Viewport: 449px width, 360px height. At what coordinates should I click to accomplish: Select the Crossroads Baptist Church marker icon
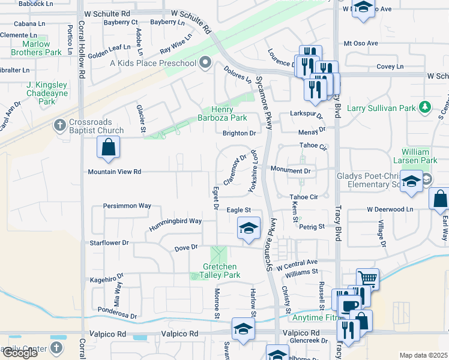pos(59,125)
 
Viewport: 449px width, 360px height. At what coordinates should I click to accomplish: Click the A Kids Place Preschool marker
pos(205,63)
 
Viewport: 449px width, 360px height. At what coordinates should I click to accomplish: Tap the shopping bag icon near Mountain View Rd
pos(108,148)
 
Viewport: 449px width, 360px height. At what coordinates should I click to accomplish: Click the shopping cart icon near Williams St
pos(367,278)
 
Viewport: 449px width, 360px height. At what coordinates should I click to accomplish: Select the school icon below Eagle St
pos(247,229)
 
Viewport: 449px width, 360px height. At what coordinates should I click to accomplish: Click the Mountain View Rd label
pos(114,172)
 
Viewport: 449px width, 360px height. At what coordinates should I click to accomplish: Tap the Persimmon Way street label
pos(127,206)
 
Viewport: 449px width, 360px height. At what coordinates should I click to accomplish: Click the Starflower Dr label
pos(109,243)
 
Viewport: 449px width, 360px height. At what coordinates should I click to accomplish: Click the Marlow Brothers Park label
pos(36,48)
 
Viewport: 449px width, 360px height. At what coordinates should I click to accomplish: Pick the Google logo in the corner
pos(20,353)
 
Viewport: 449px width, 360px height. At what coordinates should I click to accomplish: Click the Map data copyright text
pos(423,355)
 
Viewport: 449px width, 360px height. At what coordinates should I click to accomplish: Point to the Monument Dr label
pos(289,171)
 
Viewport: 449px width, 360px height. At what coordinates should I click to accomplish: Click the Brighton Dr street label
pos(239,133)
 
